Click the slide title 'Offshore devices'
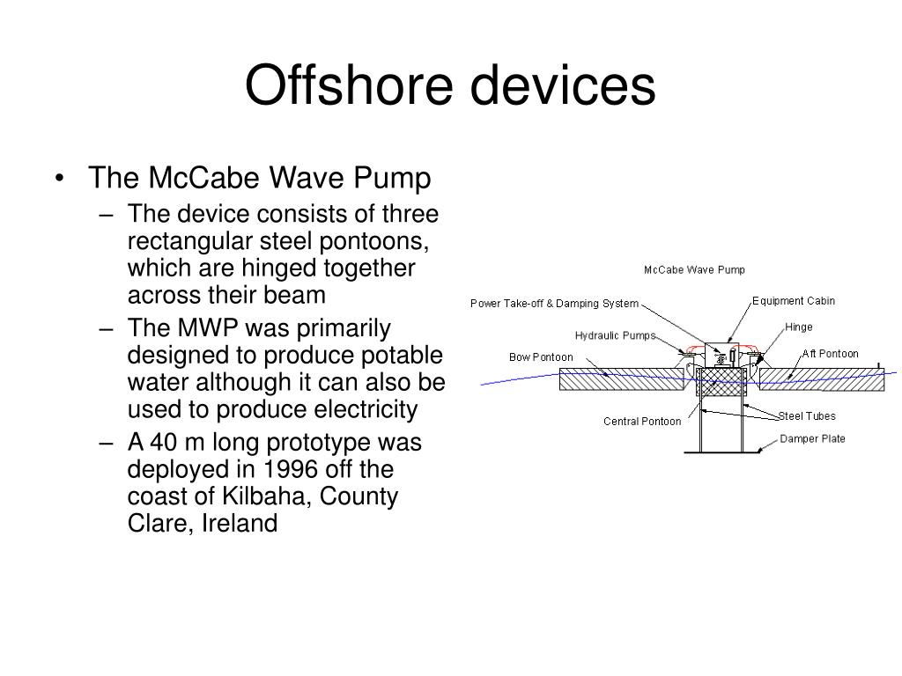(450, 86)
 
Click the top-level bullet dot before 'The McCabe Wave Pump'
(59, 180)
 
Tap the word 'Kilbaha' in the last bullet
(264, 496)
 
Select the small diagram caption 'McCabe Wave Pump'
(694, 269)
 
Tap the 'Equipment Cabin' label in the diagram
(793, 301)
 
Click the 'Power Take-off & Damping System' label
(554, 304)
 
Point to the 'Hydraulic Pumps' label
(615, 335)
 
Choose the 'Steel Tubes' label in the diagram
(807, 416)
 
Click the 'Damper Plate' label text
(812, 438)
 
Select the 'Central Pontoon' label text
(641, 422)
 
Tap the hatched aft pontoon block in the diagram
(821, 379)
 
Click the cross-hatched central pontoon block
(721, 382)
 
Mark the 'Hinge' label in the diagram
(798, 327)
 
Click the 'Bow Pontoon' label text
(541, 357)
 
